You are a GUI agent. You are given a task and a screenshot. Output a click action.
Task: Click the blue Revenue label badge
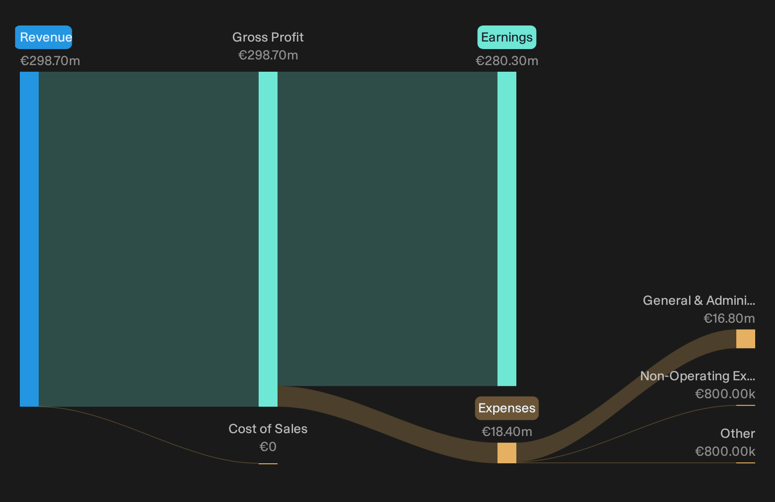coord(43,37)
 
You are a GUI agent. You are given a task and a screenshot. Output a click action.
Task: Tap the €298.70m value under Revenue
coord(50,61)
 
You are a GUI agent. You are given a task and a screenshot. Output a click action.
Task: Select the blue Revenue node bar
coord(29,239)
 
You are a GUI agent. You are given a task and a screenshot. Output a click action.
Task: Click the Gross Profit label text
coord(268,37)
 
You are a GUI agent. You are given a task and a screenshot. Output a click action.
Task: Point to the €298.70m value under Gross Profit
coord(268,55)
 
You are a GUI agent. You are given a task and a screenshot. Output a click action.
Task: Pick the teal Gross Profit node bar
coord(268,239)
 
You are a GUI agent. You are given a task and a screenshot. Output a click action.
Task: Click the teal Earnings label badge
coord(507,37)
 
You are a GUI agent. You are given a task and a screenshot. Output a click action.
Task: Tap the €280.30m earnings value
coord(507,61)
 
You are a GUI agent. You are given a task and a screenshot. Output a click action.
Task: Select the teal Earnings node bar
coord(507,229)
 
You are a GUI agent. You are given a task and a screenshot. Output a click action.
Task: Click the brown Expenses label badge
coord(507,408)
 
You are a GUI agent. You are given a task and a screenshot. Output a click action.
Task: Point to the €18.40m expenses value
coord(507,432)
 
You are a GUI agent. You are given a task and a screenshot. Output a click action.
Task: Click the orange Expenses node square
coord(507,453)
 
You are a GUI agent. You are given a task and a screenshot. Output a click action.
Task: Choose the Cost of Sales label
coord(268,429)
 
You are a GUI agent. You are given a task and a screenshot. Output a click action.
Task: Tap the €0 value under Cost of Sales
coord(268,447)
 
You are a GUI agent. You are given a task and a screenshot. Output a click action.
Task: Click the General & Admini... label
coord(699,301)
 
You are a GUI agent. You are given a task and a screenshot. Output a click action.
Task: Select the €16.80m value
coord(729,318)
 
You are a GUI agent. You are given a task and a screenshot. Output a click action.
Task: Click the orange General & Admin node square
coord(746,339)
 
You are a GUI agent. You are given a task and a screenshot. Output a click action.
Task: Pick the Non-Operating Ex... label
coord(698,376)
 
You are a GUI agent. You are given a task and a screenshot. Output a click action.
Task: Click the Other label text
coord(738,434)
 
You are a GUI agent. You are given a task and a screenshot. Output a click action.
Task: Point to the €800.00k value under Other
coord(725,452)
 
